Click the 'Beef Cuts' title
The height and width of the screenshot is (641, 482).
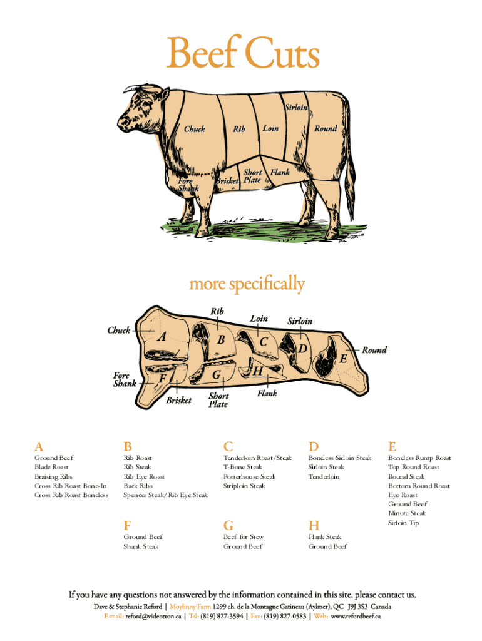(243, 53)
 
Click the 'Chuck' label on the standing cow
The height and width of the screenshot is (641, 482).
(194, 129)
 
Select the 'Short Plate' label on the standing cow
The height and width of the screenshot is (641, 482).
(252, 176)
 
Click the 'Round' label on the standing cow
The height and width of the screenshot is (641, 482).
(326, 128)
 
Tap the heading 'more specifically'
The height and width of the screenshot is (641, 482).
(247, 284)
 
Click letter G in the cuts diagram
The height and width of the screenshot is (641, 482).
(216, 374)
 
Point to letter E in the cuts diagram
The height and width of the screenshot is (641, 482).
(343, 359)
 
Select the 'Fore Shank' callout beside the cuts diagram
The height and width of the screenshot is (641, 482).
(125, 379)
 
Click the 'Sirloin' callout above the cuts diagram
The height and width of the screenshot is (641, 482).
(300, 321)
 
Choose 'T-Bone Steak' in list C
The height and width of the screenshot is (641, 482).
(243, 467)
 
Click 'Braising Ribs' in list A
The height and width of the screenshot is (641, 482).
(54, 476)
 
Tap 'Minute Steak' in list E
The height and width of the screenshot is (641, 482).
(407, 513)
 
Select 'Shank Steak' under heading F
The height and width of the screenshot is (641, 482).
(141, 546)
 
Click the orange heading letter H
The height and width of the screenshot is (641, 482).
(314, 525)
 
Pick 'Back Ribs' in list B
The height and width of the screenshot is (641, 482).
(138, 486)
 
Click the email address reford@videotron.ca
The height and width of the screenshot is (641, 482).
(153, 617)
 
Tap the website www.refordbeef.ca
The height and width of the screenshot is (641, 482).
(356, 617)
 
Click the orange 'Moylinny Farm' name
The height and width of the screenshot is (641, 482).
(190, 607)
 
